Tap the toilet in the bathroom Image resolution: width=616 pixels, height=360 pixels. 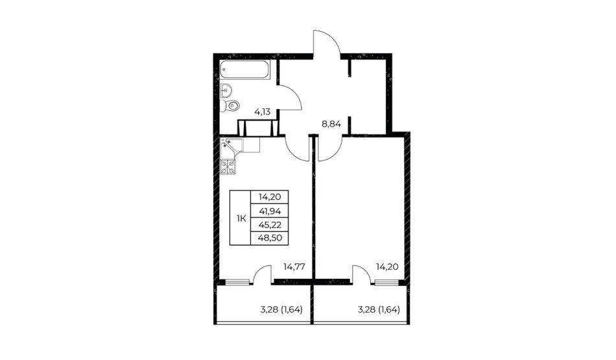pos(230,106)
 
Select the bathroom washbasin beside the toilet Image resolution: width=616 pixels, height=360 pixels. pos(226,91)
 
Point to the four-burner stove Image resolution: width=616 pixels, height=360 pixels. pos(228,167)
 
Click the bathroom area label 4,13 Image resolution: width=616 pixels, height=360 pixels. pos(263,112)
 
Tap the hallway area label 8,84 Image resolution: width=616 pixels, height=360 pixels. pos(331,125)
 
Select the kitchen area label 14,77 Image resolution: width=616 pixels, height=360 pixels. pos(294,267)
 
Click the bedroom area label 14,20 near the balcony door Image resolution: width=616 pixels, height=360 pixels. pos(387,267)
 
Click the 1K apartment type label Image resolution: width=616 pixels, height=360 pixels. pos(241,219)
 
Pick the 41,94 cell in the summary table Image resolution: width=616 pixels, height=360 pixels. pos(270,211)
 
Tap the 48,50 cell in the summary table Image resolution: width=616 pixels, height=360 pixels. pos(270,238)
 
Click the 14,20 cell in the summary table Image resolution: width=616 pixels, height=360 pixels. pos(270,197)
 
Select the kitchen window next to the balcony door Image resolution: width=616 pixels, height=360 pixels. pos(237,282)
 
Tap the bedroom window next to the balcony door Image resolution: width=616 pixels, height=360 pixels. pos(386,282)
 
